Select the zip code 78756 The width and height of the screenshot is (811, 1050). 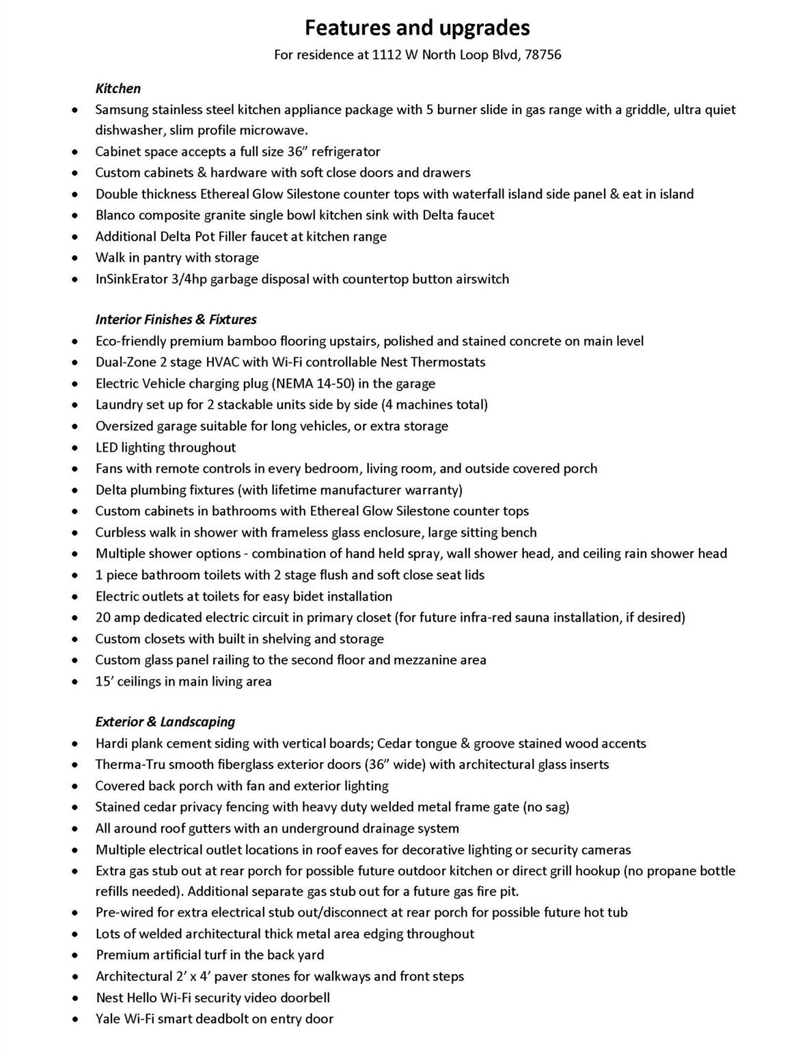pos(543,55)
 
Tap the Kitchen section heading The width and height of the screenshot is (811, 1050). pos(118,88)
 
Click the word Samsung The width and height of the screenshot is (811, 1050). pos(121,110)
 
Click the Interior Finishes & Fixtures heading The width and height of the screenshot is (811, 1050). pos(176,319)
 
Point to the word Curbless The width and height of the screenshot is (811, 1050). pos(120,533)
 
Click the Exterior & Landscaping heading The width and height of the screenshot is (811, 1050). pos(165,722)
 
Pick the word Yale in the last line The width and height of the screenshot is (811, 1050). pos(108,1019)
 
